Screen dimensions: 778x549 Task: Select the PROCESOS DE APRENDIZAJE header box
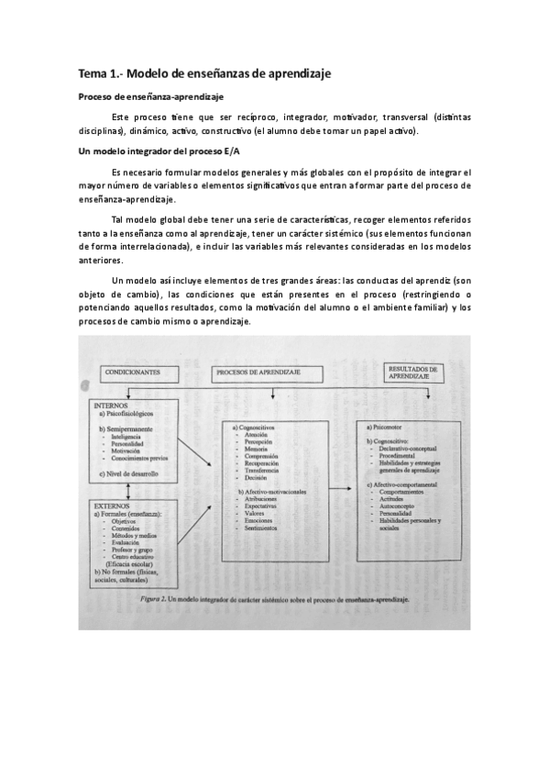tap(267, 373)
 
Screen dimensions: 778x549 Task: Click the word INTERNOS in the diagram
tap(110, 405)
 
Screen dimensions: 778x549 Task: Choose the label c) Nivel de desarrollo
tap(132, 473)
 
